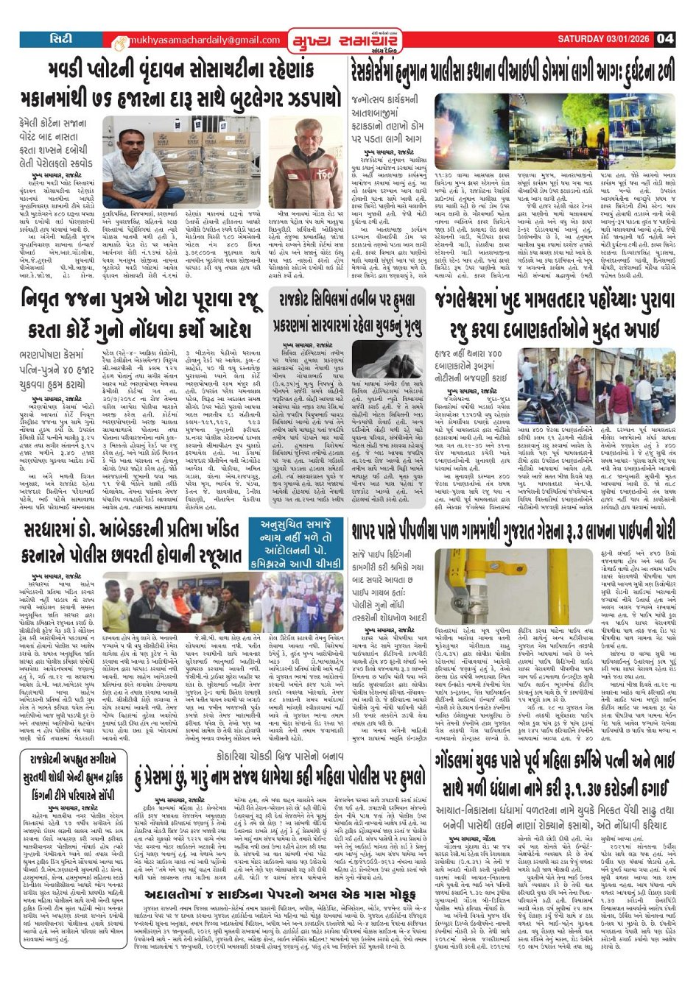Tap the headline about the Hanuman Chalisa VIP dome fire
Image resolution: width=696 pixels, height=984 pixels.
click(x=513, y=72)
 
